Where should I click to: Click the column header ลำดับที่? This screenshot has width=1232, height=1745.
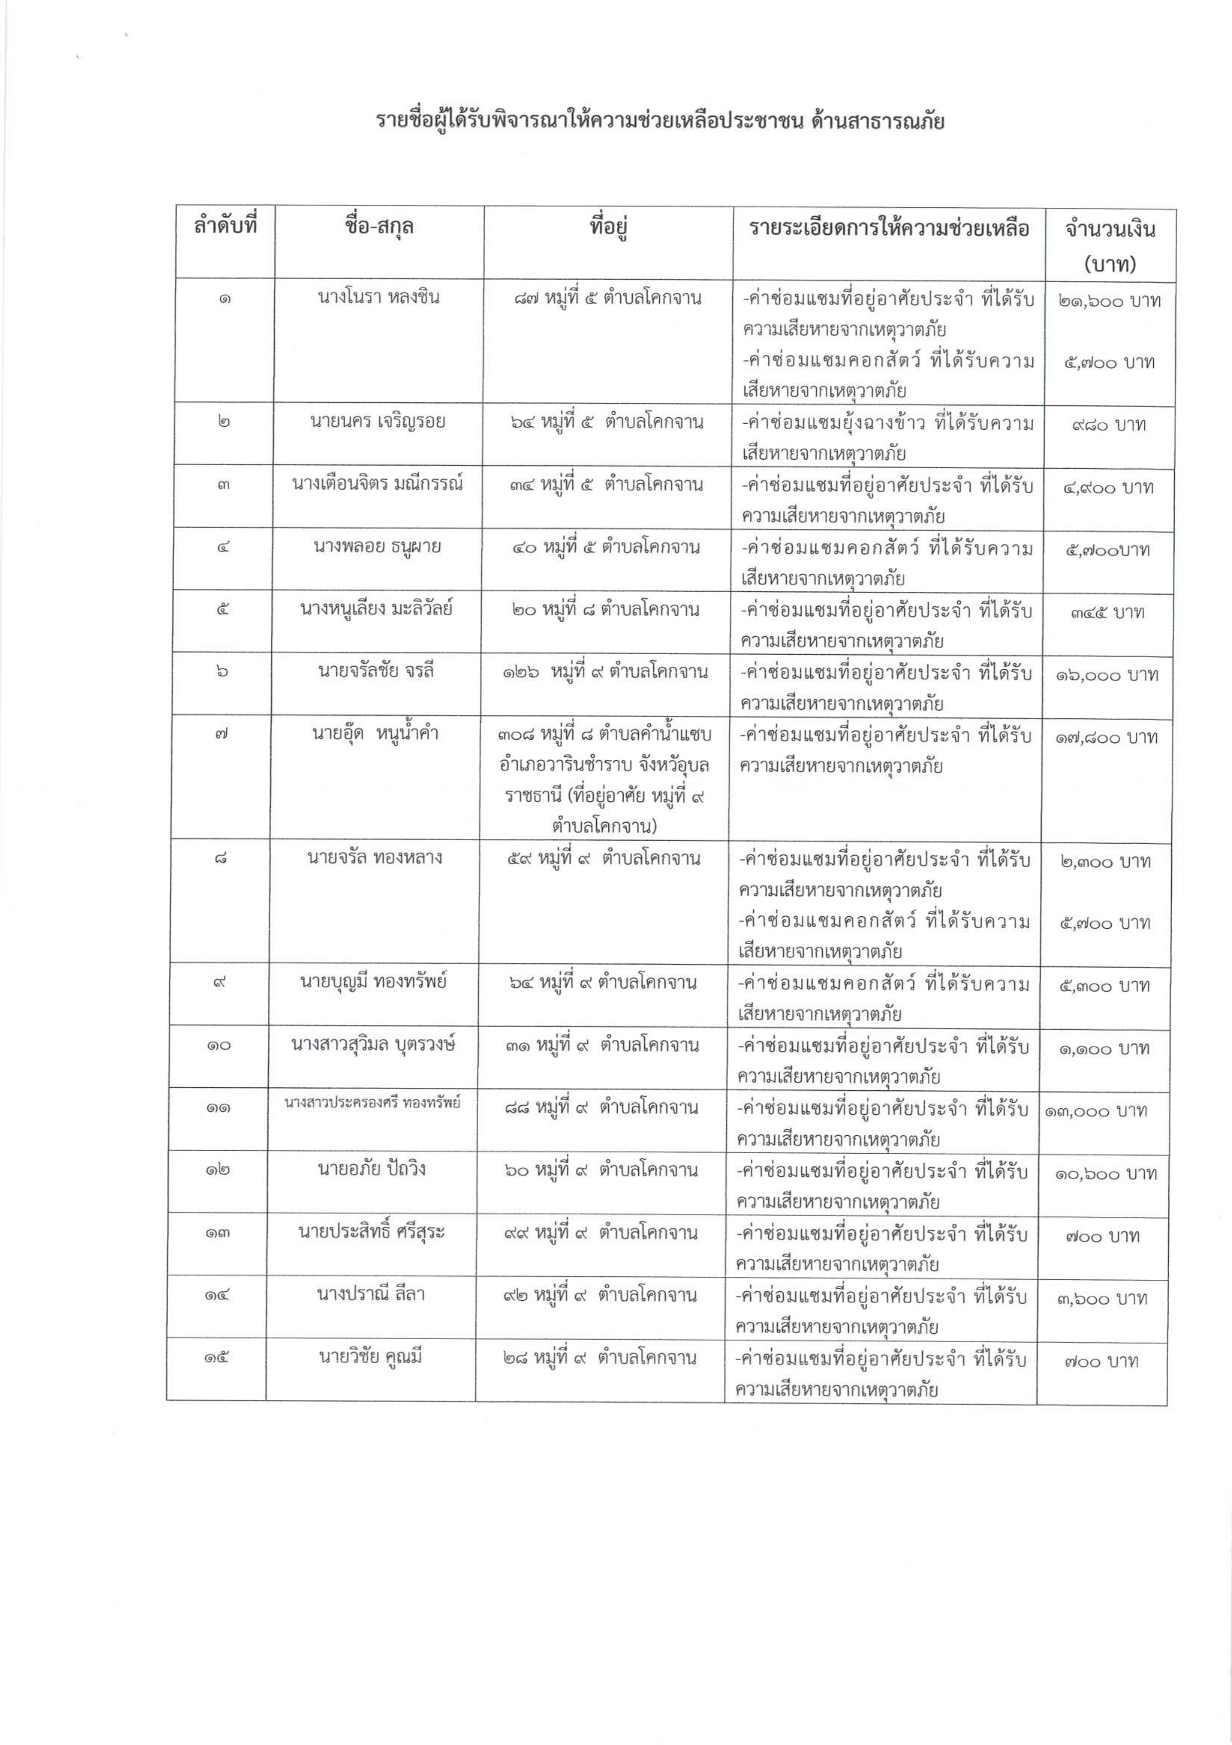[x=226, y=227]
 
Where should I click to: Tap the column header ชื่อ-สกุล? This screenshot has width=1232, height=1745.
[x=378, y=227]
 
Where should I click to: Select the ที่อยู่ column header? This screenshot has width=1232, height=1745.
[x=608, y=227]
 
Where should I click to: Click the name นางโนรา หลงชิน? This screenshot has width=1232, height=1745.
[x=378, y=297]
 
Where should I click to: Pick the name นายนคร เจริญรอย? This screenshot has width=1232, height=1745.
[x=378, y=421]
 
